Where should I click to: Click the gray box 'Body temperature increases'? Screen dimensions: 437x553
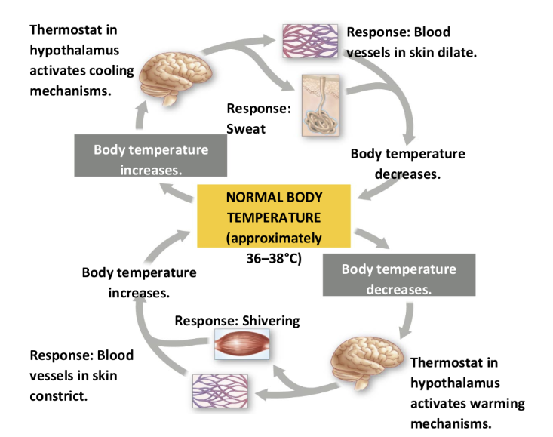point(151,159)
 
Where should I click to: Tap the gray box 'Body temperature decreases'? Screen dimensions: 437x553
point(398,279)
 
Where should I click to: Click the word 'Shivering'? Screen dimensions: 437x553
point(271,321)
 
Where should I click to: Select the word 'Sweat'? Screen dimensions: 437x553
point(246,129)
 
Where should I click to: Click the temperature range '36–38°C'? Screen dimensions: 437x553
point(274,257)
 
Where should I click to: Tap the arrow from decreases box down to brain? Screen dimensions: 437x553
point(407,317)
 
